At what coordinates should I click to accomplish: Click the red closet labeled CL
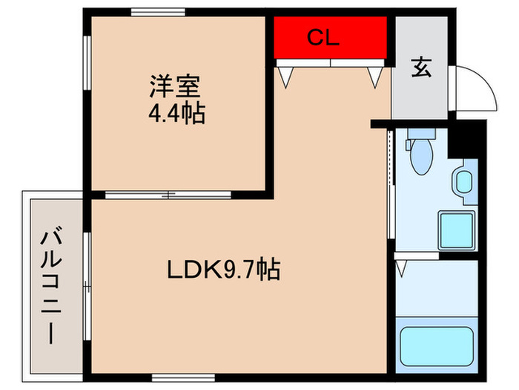331,37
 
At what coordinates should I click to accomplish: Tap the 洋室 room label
175,87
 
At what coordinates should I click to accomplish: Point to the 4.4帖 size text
176,114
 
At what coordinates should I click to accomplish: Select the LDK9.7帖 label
224,269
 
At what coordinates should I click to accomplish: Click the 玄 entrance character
421,68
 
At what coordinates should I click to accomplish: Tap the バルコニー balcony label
51,285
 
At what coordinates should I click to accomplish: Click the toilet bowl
421,157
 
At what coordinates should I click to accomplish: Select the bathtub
437,346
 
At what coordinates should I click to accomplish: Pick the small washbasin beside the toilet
464,181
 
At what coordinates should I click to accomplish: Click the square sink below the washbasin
457,230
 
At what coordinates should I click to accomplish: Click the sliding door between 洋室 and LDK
168,195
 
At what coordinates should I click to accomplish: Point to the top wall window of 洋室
158,13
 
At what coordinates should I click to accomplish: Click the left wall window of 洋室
87,62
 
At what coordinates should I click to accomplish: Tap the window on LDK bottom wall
183,377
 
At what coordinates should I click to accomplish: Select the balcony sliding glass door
87,286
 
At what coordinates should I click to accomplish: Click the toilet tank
421,134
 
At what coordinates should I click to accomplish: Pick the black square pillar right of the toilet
463,140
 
